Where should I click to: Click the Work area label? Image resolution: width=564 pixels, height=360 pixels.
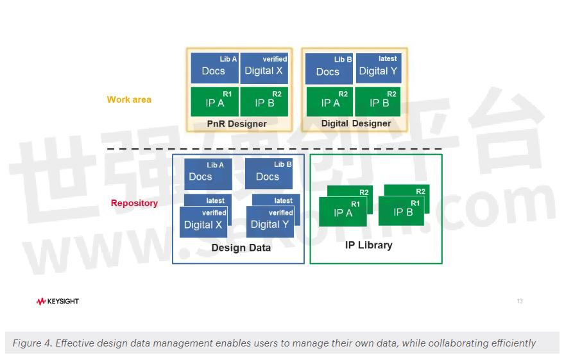tap(129, 99)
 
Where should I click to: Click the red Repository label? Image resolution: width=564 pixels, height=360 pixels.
tap(134, 203)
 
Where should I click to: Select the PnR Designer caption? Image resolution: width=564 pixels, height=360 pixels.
tap(237, 123)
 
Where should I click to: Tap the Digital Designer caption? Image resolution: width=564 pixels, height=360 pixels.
tap(356, 123)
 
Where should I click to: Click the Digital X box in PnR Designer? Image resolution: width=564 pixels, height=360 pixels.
tap(264, 69)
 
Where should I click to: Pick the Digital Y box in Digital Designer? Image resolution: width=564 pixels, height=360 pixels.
tap(378, 69)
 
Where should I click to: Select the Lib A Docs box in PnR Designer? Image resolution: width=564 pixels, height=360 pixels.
tap(214, 69)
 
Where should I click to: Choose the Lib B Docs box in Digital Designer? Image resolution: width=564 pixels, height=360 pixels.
tap(329, 69)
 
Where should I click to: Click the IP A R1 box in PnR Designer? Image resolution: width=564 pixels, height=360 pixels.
tap(214, 101)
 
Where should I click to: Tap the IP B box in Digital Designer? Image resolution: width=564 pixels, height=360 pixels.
tap(379, 101)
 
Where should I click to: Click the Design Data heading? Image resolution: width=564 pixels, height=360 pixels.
tap(241, 248)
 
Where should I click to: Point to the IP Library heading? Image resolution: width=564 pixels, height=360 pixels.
tap(368, 245)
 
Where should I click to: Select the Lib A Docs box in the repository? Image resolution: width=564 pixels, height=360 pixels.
tap(208, 174)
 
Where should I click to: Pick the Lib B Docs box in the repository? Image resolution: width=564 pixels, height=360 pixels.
tap(268, 174)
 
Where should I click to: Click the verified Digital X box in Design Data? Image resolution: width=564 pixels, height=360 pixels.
tap(203, 222)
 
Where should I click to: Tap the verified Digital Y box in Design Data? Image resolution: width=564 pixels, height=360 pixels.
tap(270, 222)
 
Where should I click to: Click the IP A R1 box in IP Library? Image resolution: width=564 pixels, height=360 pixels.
tap(343, 212)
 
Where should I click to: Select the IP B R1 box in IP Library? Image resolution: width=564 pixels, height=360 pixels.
tap(402, 211)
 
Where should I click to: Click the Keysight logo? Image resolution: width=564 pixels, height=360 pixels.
tap(58, 301)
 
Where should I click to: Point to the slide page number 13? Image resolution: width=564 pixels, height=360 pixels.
tap(520, 301)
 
